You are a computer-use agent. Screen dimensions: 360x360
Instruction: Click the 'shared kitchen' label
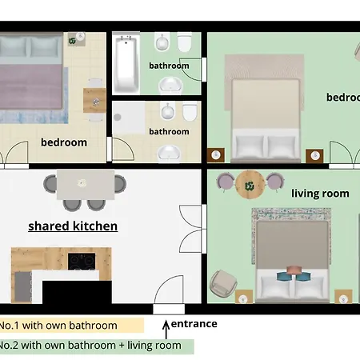[x=73, y=226]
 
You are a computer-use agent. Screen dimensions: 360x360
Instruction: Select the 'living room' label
[x=320, y=193]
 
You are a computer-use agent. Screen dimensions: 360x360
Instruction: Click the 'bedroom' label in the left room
[x=63, y=142]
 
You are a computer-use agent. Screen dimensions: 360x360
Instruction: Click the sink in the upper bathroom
[x=170, y=86]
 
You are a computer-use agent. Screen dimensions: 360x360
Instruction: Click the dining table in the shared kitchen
[x=84, y=182]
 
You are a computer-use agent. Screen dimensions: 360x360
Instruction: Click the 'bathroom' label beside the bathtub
[x=169, y=66]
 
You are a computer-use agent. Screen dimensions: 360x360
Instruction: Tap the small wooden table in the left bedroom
[x=94, y=100]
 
